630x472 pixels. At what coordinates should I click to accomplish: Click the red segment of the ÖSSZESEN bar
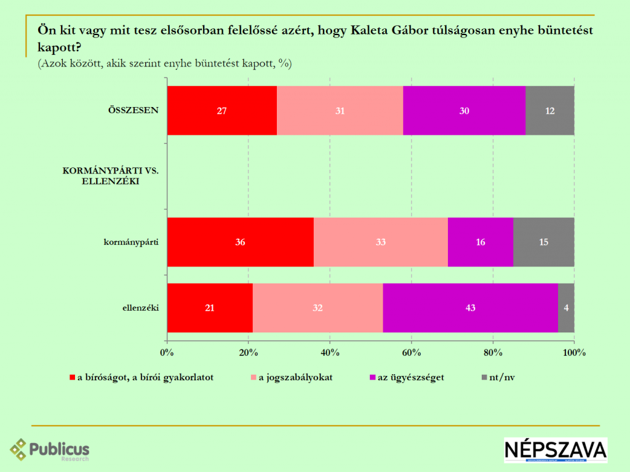click(x=221, y=111)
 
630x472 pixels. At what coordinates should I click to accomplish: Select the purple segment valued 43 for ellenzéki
click(x=470, y=308)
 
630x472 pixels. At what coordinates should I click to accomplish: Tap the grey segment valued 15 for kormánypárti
click(x=543, y=242)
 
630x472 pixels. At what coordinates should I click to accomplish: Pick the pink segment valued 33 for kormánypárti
click(x=380, y=242)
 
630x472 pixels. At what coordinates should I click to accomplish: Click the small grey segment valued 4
click(x=566, y=308)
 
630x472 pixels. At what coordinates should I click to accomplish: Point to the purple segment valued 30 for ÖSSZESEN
click(x=465, y=111)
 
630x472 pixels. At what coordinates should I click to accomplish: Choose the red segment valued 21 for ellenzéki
click(x=209, y=308)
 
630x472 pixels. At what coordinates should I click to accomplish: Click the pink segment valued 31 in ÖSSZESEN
click(x=340, y=111)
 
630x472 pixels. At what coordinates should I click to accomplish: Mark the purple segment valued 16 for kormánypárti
click(x=480, y=242)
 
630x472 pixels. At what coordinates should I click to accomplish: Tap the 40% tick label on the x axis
click(x=330, y=353)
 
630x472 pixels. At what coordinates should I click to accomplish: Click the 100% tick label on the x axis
click(x=573, y=353)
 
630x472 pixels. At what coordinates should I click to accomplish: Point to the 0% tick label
click(x=167, y=353)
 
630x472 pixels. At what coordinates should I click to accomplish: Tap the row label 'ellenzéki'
click(x=141, y=308)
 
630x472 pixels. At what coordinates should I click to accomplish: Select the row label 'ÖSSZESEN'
click(x=134, y=111)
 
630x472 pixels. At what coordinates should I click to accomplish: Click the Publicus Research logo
click(x=49, y=450)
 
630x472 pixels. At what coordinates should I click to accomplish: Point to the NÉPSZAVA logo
click(x=555, y=450)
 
